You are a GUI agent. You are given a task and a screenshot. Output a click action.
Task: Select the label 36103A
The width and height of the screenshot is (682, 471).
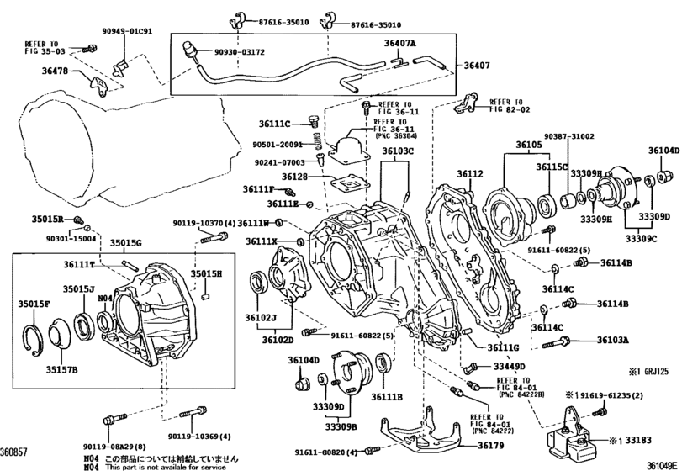613,341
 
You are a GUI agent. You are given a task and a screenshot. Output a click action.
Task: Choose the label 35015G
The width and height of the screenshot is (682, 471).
127,243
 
